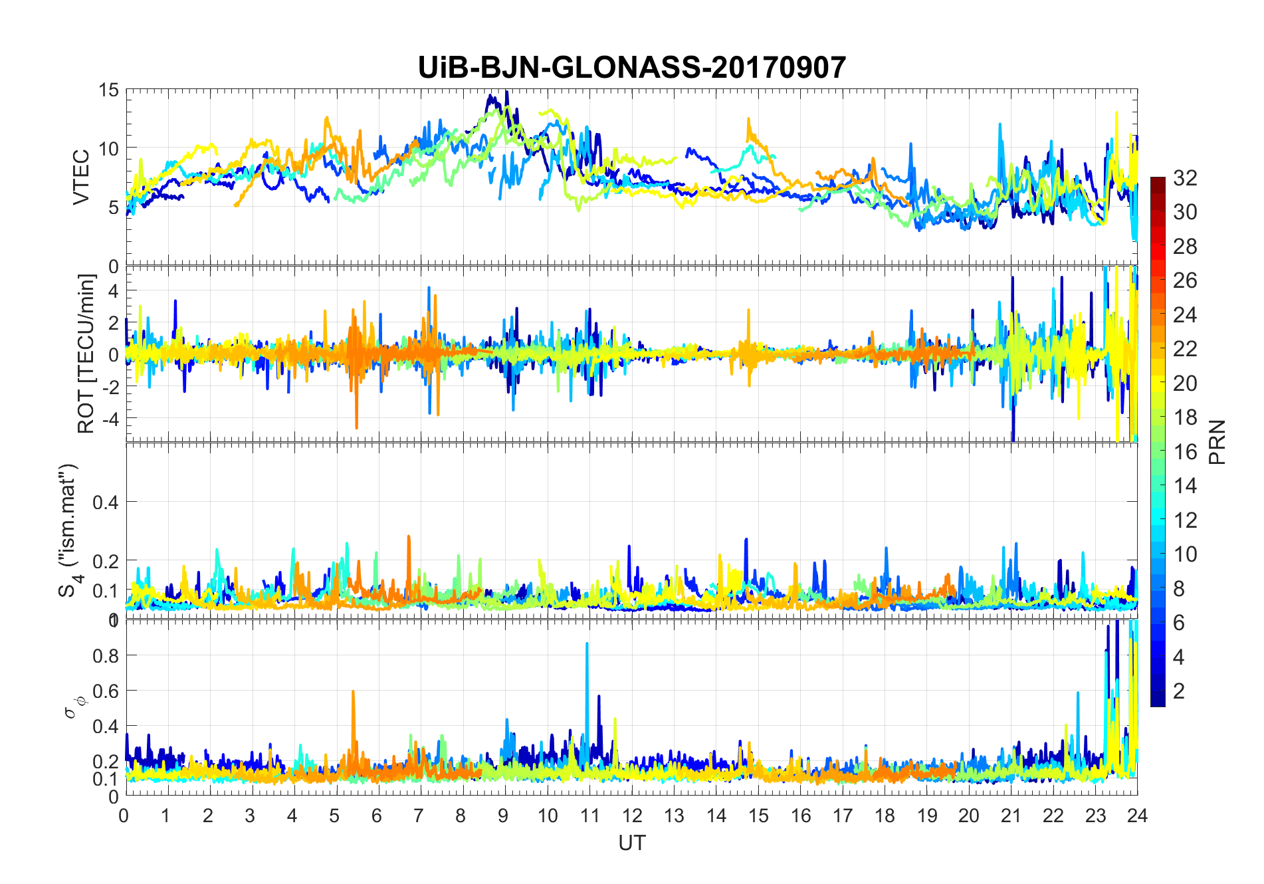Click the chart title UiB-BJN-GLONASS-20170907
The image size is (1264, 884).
pyautogui.click(x=631, y=68)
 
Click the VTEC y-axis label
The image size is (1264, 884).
pyautogui.click(x=81, y=177)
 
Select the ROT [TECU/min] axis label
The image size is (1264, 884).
pyautogui.click(x=86, y=354)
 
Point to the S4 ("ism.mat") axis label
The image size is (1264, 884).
pyautogui.click(x=69, y=530)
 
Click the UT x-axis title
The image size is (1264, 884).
pyautogui.click(x=631, y=843)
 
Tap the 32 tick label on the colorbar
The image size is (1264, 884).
pyautogui.click(x=1185, y=177)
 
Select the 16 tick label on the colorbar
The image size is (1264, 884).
pyautogui.click(x=1185, y=452)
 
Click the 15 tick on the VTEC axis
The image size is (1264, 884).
pyautogui.click(x=108, y=90)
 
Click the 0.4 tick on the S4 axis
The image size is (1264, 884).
pyautogui.click(x=105, y=502)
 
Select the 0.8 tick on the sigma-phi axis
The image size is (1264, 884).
pyautogui.click(x=105, y=655)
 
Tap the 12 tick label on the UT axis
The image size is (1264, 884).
pyautogui.click(x=632, y=816)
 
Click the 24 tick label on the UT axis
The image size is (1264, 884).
pyautogui.click(x=1137, y=816)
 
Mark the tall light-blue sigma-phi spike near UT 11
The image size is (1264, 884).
pyautogui.click(x=587, y=644)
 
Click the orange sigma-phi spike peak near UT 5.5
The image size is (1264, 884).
pyautogui.click(x=353, y=692)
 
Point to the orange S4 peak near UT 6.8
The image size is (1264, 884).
pyautogui.click(x=409, y=536)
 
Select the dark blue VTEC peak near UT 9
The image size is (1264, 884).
pyautogui.click(x=506, y=92)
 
